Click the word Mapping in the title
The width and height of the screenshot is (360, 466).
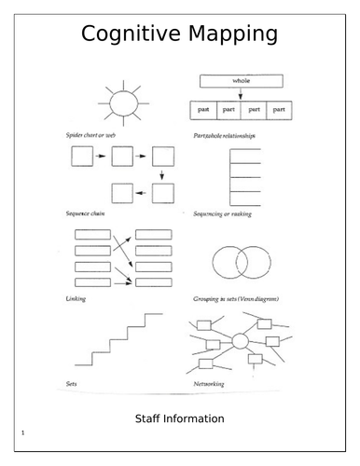(234, 36)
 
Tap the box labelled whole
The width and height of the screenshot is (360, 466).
(239, 81)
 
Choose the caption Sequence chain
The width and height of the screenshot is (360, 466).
(85, 212)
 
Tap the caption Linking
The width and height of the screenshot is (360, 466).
(76, 297)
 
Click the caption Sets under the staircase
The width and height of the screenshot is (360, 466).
(72, 382)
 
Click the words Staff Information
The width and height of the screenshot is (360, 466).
(180, 418)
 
